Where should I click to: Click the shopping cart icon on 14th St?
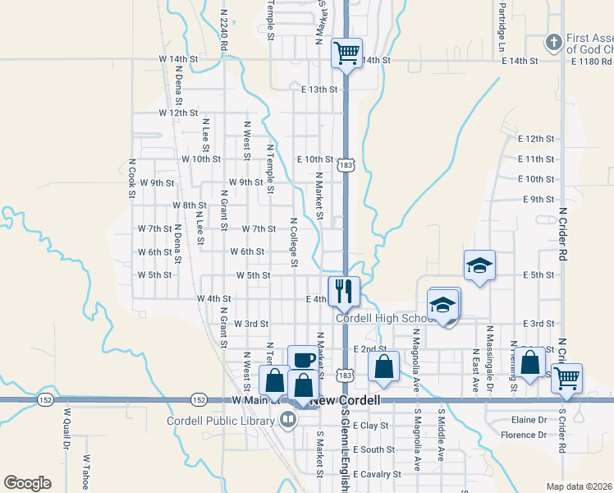pos(346,53)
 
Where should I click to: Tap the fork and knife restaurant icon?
pos(343,290)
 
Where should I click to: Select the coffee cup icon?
pos(301,360)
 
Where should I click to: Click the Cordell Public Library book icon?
pos(288,422)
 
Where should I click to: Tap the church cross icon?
pos(555,41)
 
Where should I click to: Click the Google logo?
pos(27,483)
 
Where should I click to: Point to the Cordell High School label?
pos(385,319)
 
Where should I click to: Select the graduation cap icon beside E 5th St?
pos(479,265)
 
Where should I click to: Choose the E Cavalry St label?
pos(377,474)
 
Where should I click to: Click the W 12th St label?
pos(179,113)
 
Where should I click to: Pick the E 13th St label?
pos(319,90)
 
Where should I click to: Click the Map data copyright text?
pos(580,486)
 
